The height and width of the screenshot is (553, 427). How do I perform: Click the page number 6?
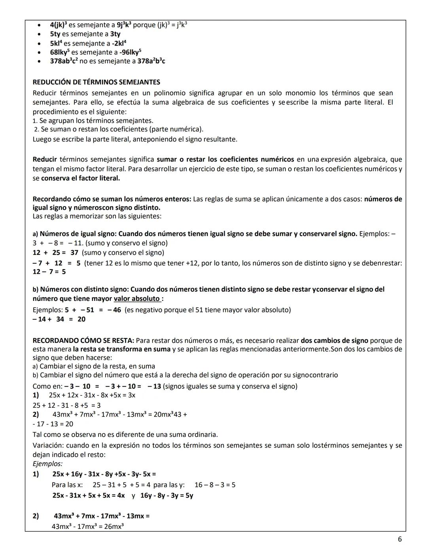coord(400,539)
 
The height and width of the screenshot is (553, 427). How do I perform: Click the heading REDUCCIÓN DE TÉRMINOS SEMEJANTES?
coord(96,82)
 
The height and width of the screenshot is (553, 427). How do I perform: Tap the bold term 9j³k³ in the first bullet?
coord(121,25)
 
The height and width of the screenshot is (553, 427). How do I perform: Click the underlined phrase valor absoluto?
coord(137,299)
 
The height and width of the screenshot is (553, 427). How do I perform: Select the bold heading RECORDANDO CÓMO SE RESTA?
coord(83,340)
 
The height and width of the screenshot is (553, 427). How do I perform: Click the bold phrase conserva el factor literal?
coord(80,178)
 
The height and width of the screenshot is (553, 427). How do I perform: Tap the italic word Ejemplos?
coord(47,464)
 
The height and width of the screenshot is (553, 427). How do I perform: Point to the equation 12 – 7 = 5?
coord(49,272)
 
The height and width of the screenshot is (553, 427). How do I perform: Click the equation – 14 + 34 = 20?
coord(59,319)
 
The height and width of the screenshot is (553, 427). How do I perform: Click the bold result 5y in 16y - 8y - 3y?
coord(189,496)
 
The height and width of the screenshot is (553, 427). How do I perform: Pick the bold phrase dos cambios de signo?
coord(334,340)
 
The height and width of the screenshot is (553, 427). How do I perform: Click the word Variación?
coord(48,445)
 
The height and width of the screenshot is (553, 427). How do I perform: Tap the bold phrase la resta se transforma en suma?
coord(121,349)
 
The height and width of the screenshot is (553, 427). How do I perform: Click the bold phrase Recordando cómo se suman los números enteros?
coord(112,199)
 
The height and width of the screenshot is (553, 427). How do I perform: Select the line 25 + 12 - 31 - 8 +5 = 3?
coord(66,405)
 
